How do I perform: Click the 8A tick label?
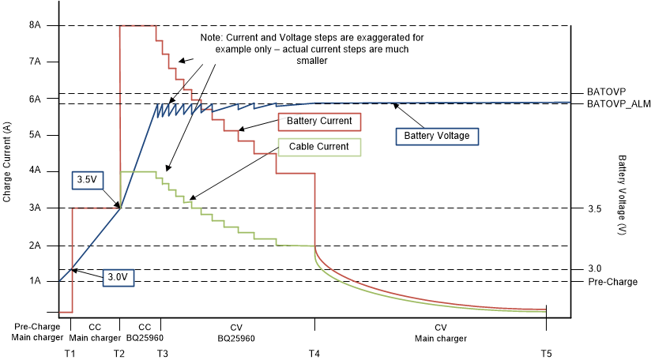[x=36, y=25]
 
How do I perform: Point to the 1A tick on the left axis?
[x=36, y=281]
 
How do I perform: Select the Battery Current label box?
[x=319, y=122]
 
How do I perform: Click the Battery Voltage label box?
[x=437, y=136]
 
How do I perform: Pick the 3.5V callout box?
[x=87, y=180]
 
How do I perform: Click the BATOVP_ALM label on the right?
[x=618, y=103]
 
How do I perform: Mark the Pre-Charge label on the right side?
[x=612, y=282]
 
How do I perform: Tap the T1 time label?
[x=70, y=353]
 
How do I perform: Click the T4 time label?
[x=315, y=353]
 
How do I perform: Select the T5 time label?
[x=546, y=353]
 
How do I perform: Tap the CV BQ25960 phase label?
[x=236, y=332]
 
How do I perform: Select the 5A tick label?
[x=36, y=135]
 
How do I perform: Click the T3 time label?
[x=162, y=353]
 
